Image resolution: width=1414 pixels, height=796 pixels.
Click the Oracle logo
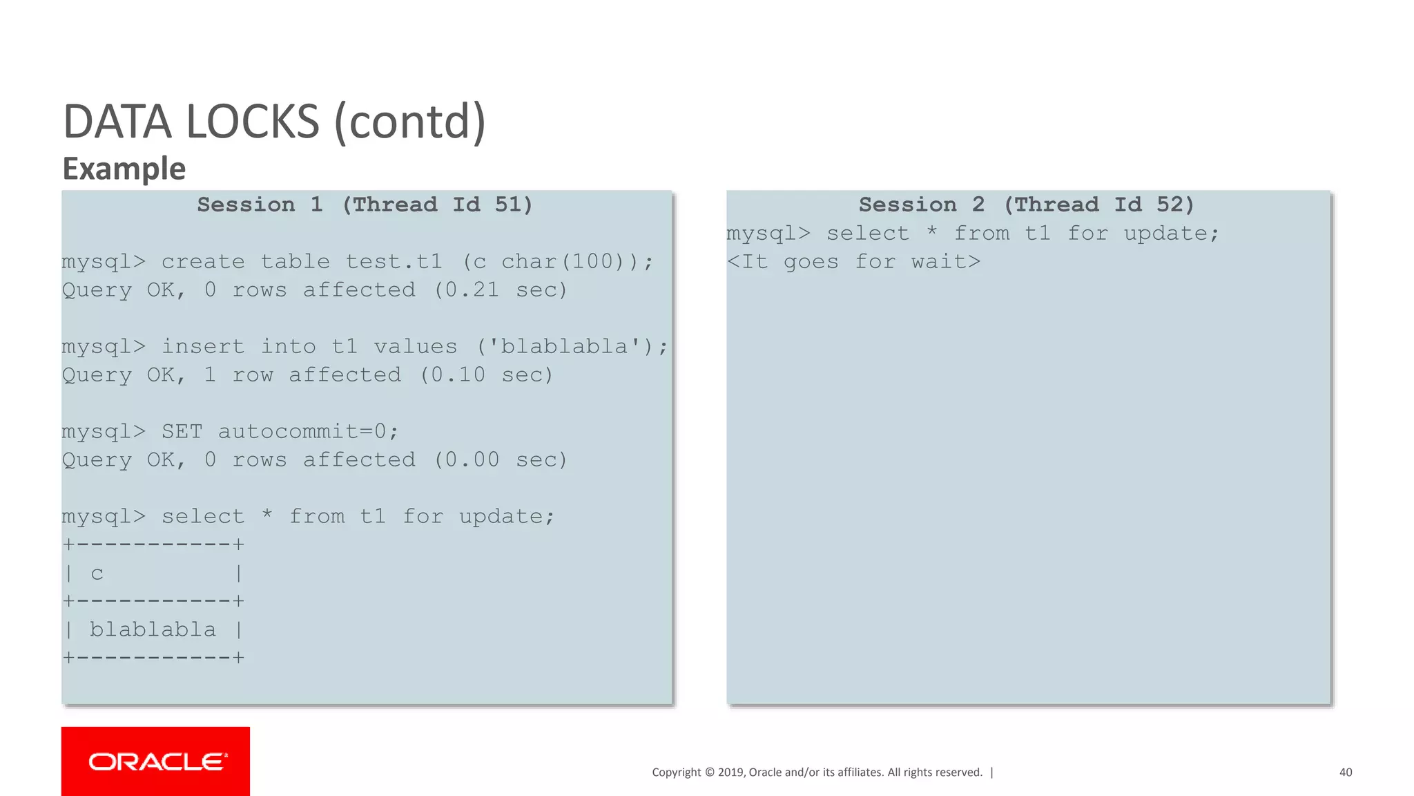point(156,761)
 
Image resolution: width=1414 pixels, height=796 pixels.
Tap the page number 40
point(1345,773)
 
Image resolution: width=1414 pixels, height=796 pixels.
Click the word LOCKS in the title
point(253,122)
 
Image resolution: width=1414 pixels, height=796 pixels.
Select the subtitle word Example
point(124,169)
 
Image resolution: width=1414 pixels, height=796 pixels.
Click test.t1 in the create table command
point(394,262)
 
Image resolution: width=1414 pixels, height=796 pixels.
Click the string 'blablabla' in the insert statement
point(564,347)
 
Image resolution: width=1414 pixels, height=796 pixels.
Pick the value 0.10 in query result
point(458,375)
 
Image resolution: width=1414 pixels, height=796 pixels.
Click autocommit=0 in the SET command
point(302,432)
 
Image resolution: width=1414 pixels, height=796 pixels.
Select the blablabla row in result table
point(153,630)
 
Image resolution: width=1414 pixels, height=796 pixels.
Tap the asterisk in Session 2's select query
point(932,232)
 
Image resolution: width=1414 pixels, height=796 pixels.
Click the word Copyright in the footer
point(676,773)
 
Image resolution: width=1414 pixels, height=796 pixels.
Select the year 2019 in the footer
point(730,773)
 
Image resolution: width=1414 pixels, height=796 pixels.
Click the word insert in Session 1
point(203,347)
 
